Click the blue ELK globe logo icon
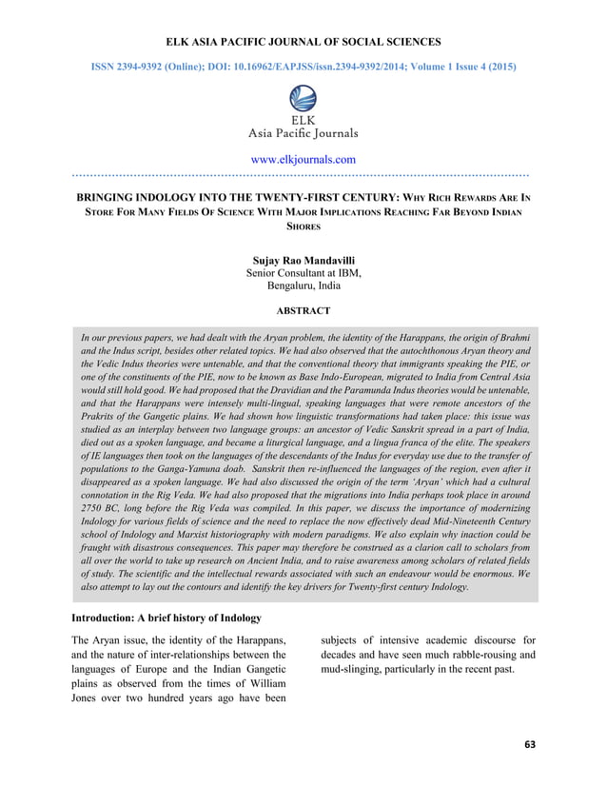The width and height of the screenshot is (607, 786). pos(303,98)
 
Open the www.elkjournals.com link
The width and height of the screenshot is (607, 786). pos(303,159)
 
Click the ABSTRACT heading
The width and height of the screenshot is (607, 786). pos(303,311)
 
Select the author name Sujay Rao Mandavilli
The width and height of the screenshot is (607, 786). pos(303,260)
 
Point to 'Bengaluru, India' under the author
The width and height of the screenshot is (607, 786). pos(303,285)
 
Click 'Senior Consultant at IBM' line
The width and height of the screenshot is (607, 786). pos(303,273)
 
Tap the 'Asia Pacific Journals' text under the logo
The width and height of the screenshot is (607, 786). pos(303,134)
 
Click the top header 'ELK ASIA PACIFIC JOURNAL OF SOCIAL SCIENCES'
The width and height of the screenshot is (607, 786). pos(303,43)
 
